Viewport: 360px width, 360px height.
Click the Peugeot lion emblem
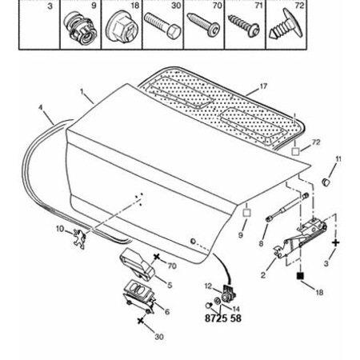coord(79,239)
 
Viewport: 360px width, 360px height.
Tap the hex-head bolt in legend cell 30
coord(162,26)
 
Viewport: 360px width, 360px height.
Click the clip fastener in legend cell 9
coord(80,29)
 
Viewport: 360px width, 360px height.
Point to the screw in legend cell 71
coord(244,26)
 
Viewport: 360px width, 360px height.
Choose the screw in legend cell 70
coord(204,25)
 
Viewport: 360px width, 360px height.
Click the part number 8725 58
coord(223,318)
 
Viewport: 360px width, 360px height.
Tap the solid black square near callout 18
coord(300,276)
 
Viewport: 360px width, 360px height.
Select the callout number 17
coord(263,86)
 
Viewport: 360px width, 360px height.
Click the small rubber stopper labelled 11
coord(326,182)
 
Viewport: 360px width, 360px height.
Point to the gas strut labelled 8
coord(287,207)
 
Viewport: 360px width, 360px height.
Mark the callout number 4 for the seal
coord(41,108)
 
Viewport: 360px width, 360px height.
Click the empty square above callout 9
coord(247,213)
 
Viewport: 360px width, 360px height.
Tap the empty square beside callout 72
coord(295,151)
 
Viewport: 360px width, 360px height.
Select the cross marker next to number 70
coord(157,257)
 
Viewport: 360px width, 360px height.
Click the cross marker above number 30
coord(140,321)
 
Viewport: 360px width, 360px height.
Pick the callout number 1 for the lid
coord(82,91)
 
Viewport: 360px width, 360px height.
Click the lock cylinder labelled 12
coord(229,292)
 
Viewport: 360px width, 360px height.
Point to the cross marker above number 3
coord(336,242)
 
